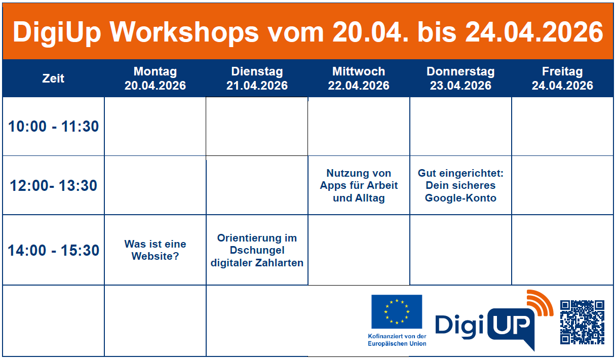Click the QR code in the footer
pos(582,322)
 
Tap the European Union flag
pos(396,311)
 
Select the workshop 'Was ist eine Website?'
pos(155,250)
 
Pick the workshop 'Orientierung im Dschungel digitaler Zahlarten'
pos(257,250)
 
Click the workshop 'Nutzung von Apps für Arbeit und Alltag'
pos(359,185)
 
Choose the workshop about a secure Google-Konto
pos(460,185)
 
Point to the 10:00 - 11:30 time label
pos(53,126)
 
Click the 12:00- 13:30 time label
pos(53,185)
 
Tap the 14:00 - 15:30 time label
pos(53,250)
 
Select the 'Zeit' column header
pos(53,78)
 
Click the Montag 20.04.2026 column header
pos(155,78)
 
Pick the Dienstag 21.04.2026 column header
pos(257,78)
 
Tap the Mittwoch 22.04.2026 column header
pos(359,78)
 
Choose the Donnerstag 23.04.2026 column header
pos(460,78)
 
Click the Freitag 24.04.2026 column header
pos(562,78)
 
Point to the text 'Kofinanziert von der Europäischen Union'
pos(397,340)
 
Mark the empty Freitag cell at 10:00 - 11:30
pos(562,126)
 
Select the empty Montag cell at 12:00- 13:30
pos(155,185)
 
